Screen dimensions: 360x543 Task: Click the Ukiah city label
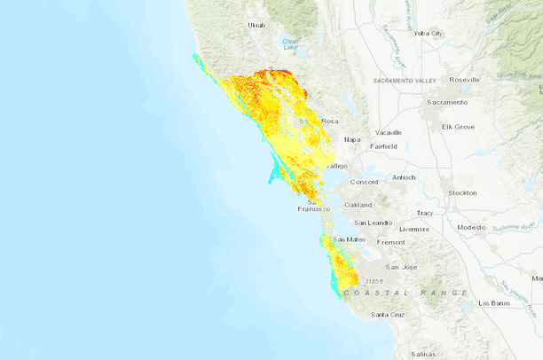[x=256, y=26]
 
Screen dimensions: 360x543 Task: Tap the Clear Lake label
[x=289, y=43]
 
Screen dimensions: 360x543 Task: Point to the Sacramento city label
[x=445, y=102]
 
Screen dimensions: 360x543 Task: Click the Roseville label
[x=464, y=80]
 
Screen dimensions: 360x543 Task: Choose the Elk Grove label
[x=458, y=127]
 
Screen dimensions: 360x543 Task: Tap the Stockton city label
[x=462, y=192]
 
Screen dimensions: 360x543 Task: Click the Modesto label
[x=471, y=227]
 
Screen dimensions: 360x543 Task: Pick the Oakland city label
[x=358, y=205]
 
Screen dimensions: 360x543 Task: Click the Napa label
[x=352, y=139]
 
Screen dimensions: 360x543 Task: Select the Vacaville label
[x=388, y=132]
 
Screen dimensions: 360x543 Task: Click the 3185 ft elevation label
[x=374, y=281]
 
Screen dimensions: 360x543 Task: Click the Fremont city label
[x=390, y=242]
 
